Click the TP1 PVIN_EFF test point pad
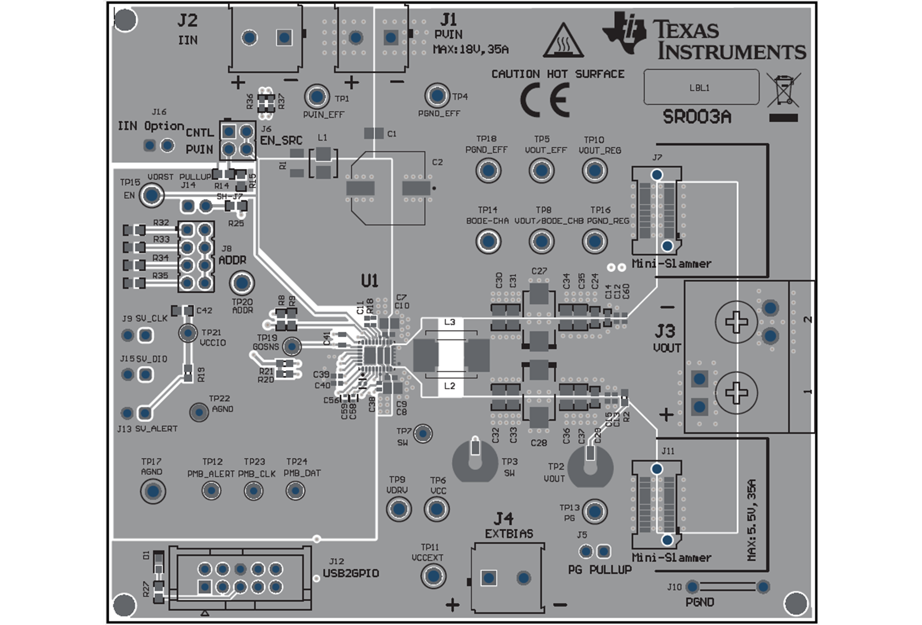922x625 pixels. pos(317,96)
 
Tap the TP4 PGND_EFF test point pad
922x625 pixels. pos(437,96)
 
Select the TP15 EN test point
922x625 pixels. pos(152,195)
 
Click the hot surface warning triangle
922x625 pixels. pos(563,41)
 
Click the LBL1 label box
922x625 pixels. pos(701,87)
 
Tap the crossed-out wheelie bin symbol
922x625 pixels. pos(784,90)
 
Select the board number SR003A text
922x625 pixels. pos(696,117)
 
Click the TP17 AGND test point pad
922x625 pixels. pos(153,491)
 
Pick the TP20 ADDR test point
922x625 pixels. pos(241,283)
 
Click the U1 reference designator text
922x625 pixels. pos(369,281)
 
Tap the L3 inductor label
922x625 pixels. pos(449,322)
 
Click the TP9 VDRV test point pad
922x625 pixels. pos(398,509)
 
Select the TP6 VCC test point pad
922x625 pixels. pos(437,509)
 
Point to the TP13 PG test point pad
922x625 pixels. pos(594,512)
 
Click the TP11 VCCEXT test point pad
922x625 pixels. pos(433,576)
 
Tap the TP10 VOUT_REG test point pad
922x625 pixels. pos(594,171)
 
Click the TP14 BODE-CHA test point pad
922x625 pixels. pos(488,241)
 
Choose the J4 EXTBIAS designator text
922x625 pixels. pos(504,519)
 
